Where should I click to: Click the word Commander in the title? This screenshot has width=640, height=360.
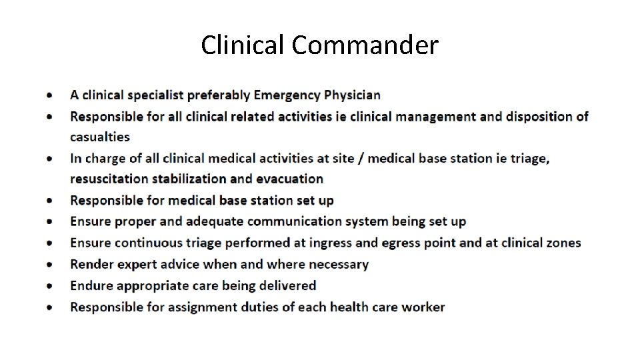coord(365,45)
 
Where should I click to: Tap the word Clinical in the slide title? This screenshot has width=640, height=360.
coord(243,45)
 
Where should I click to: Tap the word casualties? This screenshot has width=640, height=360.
coord(100,137)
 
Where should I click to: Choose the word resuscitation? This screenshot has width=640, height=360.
coord(109,179)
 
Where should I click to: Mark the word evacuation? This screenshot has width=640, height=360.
coord(291,179)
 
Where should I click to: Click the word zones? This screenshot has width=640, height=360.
coord(563,243)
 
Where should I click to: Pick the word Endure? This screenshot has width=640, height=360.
coord(91,285)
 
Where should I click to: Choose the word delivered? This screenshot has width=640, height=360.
coord(289,285)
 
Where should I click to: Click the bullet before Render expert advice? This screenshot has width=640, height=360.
coord(51,265)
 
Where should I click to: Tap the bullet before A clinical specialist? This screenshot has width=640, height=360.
coord(51,96)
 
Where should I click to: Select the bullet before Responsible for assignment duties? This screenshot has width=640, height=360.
coord(51,307)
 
